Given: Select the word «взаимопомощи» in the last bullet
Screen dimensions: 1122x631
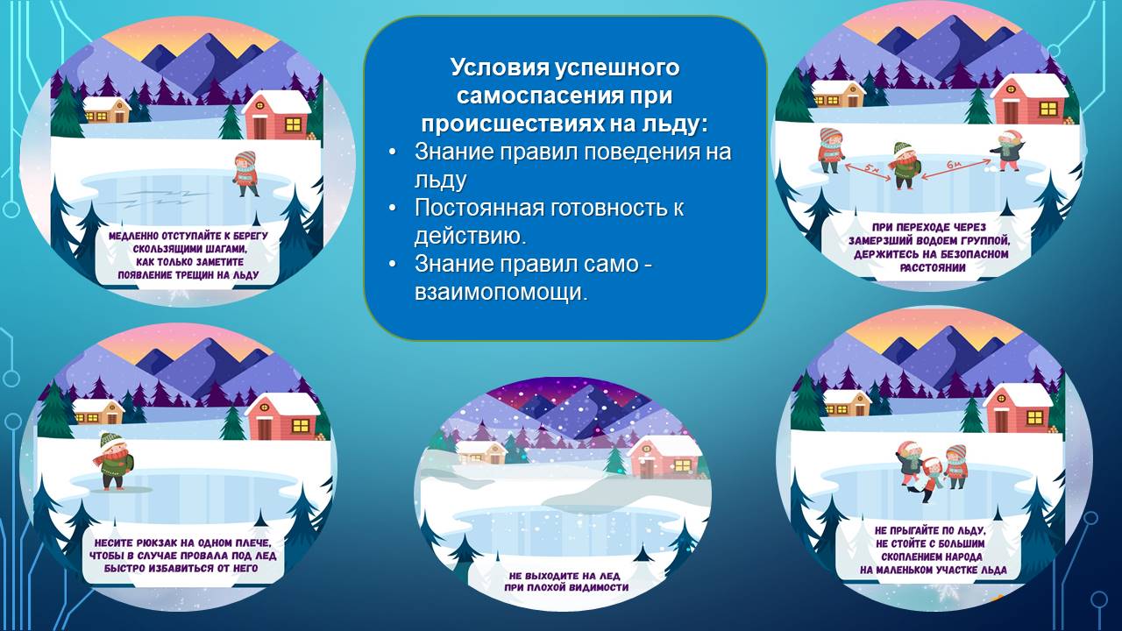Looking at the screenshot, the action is coord(501,292).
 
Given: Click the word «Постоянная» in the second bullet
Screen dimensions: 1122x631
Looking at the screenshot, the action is coord(479,208).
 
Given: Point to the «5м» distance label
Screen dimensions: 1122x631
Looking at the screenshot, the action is coord(872,169).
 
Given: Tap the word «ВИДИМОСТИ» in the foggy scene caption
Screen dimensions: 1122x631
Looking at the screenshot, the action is coord(597,587).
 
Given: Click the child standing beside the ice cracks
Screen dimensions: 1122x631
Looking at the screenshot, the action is coord(245,174).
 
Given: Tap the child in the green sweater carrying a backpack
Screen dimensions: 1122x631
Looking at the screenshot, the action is coord(113,461).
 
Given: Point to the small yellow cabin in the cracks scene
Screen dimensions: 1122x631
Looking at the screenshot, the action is coord(106,110).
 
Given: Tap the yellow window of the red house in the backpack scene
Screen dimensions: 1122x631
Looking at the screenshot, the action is coord(301,426).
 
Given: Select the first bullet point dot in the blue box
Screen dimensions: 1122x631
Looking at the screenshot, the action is coord(393,152).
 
